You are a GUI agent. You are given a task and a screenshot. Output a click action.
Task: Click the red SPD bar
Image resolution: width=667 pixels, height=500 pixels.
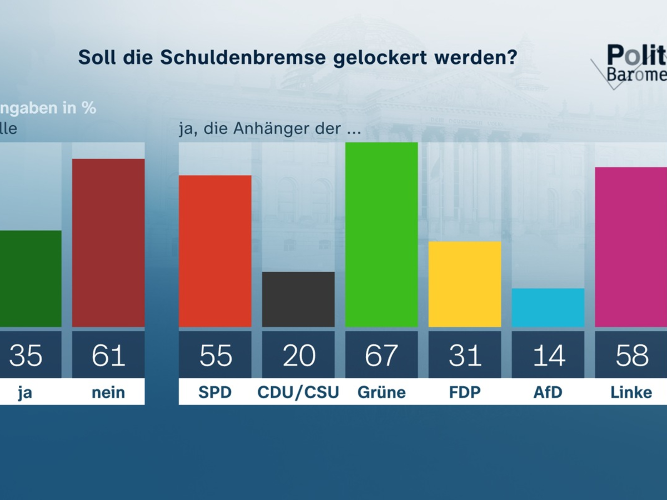coord(215,251)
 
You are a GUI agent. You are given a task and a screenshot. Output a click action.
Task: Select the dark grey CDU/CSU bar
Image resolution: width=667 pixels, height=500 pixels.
coord(298,299)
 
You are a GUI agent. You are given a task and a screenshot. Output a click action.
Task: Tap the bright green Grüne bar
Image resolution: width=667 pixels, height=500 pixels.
coord(381,234)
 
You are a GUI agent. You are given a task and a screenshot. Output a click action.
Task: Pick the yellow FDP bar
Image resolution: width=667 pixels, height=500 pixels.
coord(465,284)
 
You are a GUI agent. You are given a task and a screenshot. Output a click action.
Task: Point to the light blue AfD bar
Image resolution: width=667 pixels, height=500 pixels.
coord(548,308)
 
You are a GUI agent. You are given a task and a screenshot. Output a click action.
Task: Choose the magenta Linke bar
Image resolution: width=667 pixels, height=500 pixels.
coord(631,247)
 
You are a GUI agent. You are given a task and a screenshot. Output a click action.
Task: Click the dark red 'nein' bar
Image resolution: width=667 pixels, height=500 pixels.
coord(108,243)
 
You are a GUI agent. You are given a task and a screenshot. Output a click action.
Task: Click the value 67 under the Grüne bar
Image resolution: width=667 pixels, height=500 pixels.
coord(381,356)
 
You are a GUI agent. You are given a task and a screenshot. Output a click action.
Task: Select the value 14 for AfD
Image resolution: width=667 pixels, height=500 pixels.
coord(548,356)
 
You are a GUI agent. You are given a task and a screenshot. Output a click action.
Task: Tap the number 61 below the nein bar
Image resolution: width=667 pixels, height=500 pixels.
coord(108,356)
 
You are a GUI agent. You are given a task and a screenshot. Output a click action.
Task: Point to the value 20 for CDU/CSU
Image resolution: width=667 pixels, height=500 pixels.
coord(298,356)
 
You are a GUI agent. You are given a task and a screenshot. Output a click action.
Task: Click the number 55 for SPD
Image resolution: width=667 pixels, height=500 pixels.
coord(215,356)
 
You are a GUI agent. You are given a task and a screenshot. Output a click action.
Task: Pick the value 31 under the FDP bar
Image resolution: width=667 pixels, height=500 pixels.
coord(465,356)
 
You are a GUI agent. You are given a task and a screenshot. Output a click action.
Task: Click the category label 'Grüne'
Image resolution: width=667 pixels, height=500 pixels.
coord(381,392)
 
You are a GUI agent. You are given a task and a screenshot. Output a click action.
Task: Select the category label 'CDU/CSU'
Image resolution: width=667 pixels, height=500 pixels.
coord(298,392)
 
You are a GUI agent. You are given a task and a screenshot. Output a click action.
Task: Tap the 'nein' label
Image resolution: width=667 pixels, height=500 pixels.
coord(108,393)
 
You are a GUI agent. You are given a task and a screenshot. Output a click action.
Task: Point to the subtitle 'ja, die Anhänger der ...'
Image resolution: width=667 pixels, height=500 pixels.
coord(270,129)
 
